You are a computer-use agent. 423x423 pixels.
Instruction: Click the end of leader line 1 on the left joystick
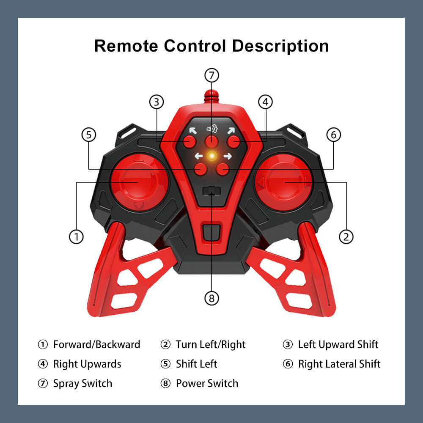[x=138, y=182]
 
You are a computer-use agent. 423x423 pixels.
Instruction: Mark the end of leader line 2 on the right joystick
[x=285, y=182]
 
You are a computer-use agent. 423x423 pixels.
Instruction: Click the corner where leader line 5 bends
[x=89, y=169]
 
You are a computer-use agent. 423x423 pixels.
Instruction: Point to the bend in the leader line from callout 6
[x=333, y=169]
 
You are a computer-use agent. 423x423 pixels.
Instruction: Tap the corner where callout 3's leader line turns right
[x=157, y=141]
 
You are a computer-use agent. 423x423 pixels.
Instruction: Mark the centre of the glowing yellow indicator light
[x=212, y=156]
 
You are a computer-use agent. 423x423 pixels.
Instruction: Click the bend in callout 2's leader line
[x=346, y=182]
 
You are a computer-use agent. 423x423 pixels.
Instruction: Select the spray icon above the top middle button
[x=212, y=129]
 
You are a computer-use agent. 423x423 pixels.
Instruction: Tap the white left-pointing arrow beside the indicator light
[x=199, y=156]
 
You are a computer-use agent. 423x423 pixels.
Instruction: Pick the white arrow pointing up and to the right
[x=231, y=131]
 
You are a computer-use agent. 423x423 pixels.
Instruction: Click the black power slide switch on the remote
[x=211, y=191]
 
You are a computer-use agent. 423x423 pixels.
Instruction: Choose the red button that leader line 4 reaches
[x=233, y=142]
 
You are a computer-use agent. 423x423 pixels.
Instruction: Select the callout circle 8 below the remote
[x=211, y=298]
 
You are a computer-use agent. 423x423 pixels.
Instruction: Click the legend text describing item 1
[x=96, y=344]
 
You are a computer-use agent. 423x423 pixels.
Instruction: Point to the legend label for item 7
[x=82, y=383]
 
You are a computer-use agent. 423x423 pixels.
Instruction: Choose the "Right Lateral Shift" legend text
[x=339, y=364]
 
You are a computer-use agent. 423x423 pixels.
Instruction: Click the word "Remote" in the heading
[x=126, y=46]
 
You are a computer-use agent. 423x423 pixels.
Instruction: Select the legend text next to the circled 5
[x=196, y=364]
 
